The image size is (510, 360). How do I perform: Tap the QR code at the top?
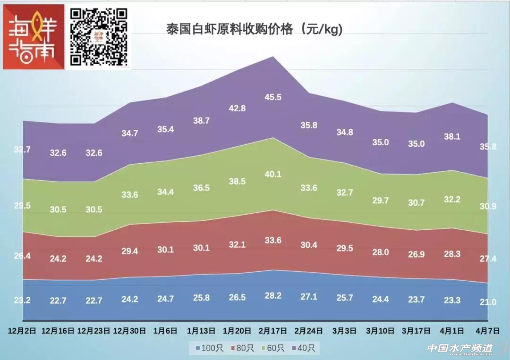point(99,37)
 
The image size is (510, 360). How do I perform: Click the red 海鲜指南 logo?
point(34,37)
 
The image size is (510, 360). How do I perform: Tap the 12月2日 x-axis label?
point(22,330)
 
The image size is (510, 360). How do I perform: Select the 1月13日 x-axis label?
point(202,330)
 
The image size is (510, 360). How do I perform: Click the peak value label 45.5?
point(273,97)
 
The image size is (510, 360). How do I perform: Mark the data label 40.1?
point(273,174)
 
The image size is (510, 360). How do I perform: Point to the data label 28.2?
point(273,296)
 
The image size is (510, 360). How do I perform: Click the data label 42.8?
point(237,108)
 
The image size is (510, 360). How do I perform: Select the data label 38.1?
point(452,137)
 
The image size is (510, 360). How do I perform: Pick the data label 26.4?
point(22,256)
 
